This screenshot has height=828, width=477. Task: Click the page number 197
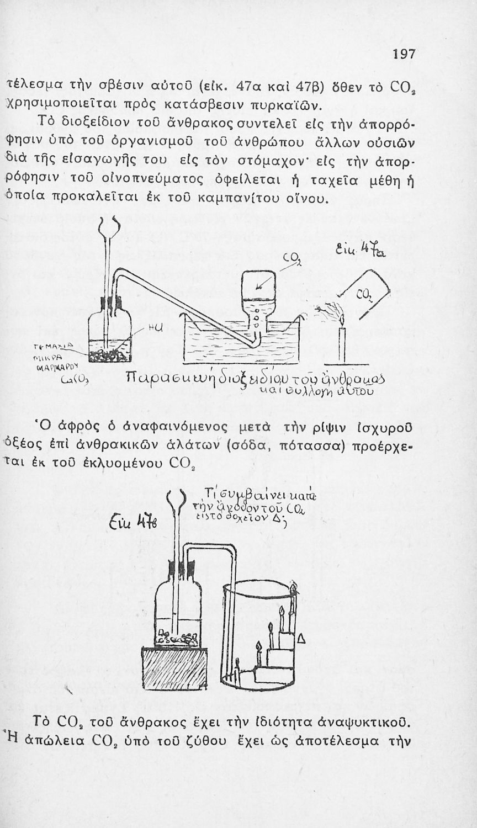tap(404, 55)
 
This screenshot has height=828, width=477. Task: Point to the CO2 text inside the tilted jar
tap(363, 300)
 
